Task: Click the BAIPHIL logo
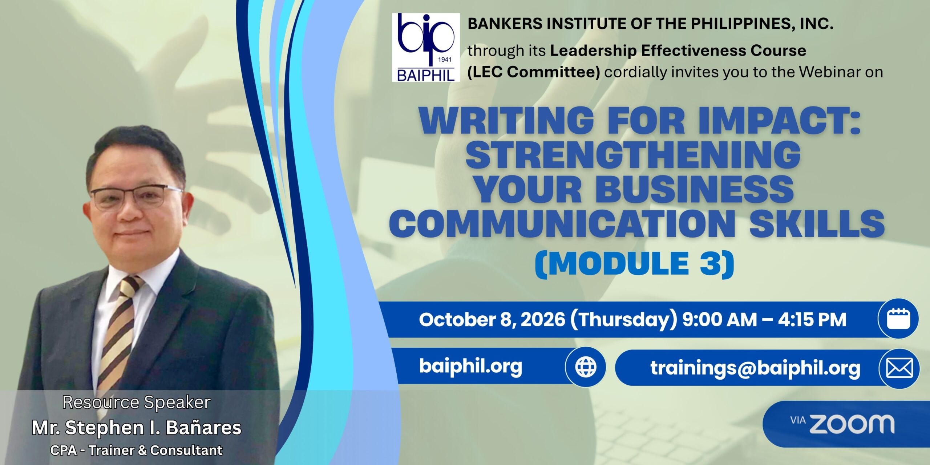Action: click(426, 48)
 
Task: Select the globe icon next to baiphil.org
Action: click(586, 367)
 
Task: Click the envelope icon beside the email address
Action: click(899, 368)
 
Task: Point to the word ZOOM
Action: click(852, 424)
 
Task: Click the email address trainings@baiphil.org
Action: click(755, 368)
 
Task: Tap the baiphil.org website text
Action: click(470, 366)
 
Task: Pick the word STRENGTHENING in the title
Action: click(633, 155)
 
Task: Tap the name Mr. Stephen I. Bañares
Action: click(137, 428)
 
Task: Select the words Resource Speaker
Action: click(137, 403)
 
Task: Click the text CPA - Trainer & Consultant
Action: click(137, 450)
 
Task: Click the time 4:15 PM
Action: click(812, 320)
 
